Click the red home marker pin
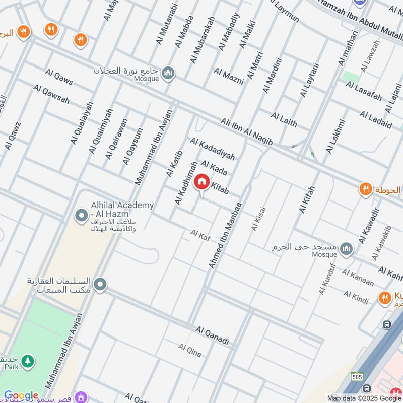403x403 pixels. click(201, 182)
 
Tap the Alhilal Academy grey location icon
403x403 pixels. click(81, 216)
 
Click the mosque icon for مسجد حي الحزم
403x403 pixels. click(346, 248)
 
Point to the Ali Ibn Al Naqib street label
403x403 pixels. click(246, 133)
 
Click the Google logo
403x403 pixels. click(21, 396)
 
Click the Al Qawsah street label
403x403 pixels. click(51, 94)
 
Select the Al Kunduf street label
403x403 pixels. click(323, 279)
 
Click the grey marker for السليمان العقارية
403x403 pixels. click(100, 286)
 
